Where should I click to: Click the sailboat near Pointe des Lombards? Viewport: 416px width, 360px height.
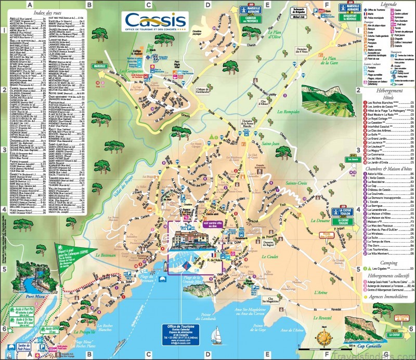pos(217,338)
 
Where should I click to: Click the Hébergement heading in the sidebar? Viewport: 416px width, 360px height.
pos(385,90)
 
